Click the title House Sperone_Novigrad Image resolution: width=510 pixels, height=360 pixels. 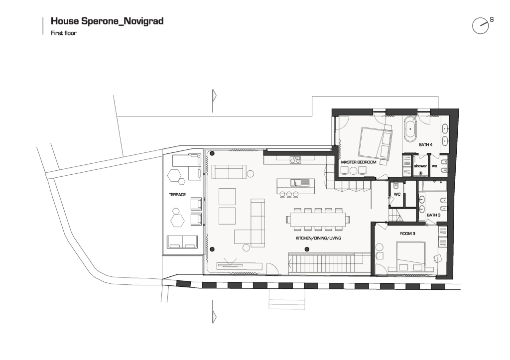coord(107,21)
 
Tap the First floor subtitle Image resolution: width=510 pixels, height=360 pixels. coord(63,33)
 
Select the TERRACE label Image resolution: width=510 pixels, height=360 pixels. coord(177,195)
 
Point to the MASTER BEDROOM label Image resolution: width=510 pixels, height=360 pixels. coord(359,162)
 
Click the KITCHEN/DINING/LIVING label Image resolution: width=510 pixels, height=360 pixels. coord(318,238)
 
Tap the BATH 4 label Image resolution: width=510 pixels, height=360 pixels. coord(425,144)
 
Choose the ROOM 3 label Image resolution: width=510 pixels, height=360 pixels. coord(407,234)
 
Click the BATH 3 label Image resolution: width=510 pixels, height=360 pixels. coord(433,215)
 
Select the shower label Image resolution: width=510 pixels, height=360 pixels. coord(420,166)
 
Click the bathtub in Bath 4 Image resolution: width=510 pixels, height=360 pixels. coord(410,129)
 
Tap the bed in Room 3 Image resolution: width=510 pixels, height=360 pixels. coord(410,256)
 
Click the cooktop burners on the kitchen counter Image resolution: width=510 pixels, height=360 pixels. coord(296,159)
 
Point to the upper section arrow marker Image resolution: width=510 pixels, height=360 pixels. coord(214,96)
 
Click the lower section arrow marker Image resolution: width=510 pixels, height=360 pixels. coord(214,316)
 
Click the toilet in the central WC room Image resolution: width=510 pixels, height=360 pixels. coord(395,186)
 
